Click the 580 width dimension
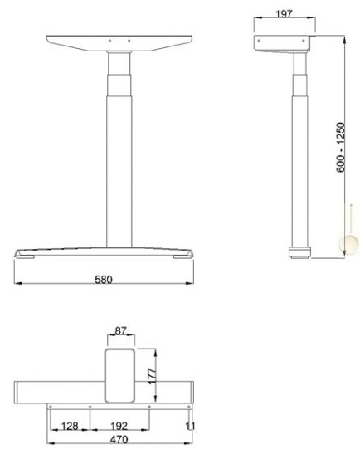[x=105, y=279]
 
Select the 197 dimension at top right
[x=285, y=14]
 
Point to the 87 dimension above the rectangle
[x=121, y=331]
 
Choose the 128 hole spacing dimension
[x=70, y=426]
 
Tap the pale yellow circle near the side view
[x=346, y=245]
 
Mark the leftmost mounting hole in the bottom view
[x=51, y=406]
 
